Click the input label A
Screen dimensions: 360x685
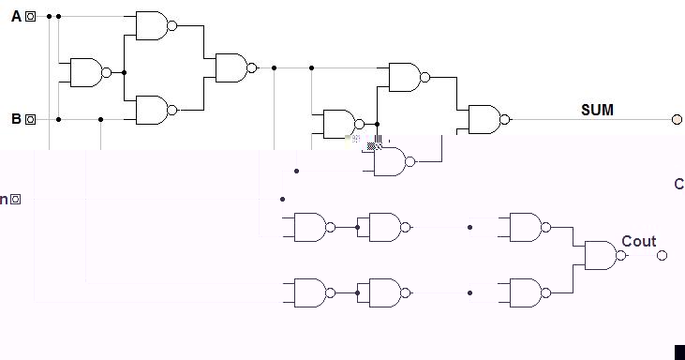coord(16,16)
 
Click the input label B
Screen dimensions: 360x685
coord(16,119)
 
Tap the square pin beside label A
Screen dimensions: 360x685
coord(30,16)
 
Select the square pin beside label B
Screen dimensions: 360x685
coord(30,119)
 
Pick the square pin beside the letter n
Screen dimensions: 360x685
coord(15,199)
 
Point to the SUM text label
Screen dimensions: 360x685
coord(597,110)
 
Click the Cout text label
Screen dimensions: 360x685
coord(639,241)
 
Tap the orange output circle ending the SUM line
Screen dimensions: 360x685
coord(677,119)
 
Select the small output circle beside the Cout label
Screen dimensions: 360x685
coord(662,255)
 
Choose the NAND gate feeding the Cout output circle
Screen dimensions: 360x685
coord(601,255)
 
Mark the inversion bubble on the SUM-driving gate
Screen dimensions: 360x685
coord(506,119)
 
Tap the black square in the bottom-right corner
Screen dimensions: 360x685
coord(679,352)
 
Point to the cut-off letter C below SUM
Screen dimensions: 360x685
coord(679,184)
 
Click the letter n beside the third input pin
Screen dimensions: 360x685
coord(4,199)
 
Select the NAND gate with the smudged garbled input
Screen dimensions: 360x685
coord(392,161)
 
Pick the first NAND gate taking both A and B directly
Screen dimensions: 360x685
coord(85,72)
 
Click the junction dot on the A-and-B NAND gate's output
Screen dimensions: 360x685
coord(124,72)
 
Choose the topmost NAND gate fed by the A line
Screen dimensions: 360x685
coord(152,25)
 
